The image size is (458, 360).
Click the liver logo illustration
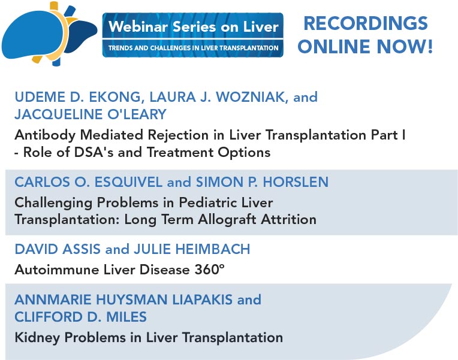49,34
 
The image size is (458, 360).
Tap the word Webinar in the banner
138,26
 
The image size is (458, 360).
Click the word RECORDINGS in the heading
366,23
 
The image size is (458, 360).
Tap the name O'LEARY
137,114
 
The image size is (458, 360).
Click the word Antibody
46,135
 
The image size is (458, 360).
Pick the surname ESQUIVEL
128,182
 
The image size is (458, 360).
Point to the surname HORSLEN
296,182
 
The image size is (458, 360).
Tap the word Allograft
227,220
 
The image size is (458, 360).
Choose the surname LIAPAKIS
202,300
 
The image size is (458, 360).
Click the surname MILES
126,317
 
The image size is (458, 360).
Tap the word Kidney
37,338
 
